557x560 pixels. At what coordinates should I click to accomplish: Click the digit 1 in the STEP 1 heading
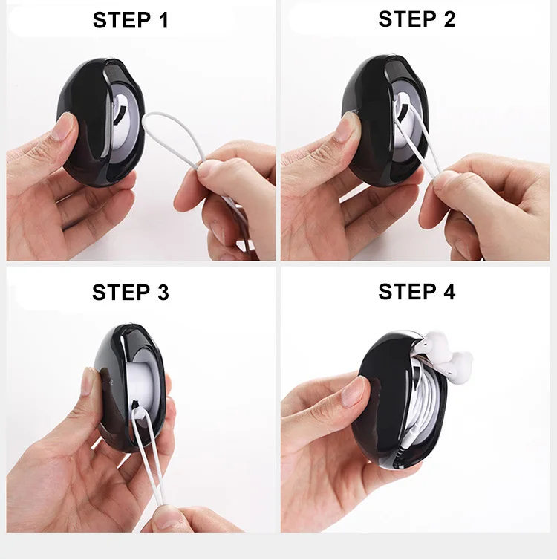164,20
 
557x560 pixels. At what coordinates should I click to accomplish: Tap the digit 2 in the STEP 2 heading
449,19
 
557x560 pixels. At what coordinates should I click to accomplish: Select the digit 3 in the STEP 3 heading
163,293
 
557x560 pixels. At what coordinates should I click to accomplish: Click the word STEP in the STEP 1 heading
121,20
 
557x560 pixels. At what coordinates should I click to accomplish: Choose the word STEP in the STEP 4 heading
407,292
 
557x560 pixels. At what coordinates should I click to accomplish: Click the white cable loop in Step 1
172,140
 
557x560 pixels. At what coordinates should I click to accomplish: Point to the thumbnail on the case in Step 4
354,391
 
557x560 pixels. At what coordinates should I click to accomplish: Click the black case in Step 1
101,122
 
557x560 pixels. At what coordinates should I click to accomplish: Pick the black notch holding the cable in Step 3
136,405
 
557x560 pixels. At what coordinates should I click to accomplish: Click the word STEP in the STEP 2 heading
407,19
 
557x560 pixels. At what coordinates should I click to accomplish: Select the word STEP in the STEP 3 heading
121,293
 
